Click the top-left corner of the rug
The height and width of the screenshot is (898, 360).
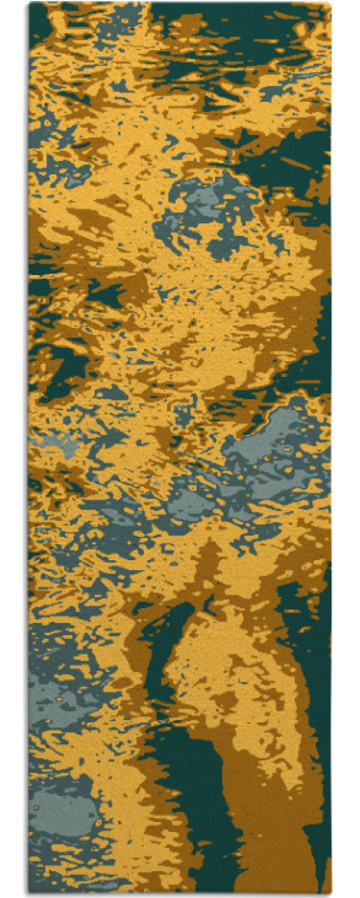click(29, 4)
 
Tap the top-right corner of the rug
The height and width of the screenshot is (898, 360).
click(331, 4)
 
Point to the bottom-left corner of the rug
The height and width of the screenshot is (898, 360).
click(29, 894)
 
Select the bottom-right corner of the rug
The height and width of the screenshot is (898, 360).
click(331, 894)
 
